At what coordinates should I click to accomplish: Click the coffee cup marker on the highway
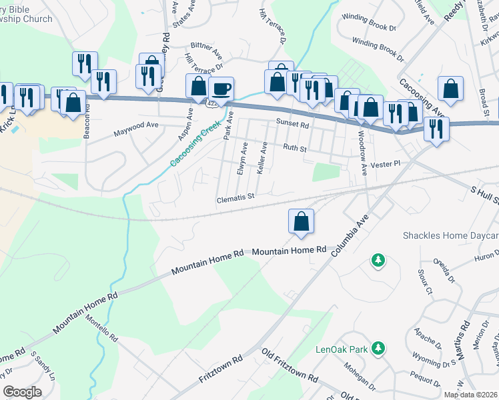point(221,88)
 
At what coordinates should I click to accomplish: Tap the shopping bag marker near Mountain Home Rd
point(301,221)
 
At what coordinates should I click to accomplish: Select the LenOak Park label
point(342,349)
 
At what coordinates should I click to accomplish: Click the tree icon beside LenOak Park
point(378,348)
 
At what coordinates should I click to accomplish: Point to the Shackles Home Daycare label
point(450,235)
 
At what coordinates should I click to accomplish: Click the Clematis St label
point(236,197)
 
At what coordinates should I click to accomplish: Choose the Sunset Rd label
point(292,124)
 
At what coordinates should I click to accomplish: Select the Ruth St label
point(294,148)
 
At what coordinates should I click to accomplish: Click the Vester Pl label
point(387,163)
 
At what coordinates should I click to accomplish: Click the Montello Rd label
point(101,327)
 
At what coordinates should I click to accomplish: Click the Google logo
point(22,391)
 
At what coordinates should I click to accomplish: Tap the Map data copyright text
point(470,395)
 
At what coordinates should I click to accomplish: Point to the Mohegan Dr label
point(360,375)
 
